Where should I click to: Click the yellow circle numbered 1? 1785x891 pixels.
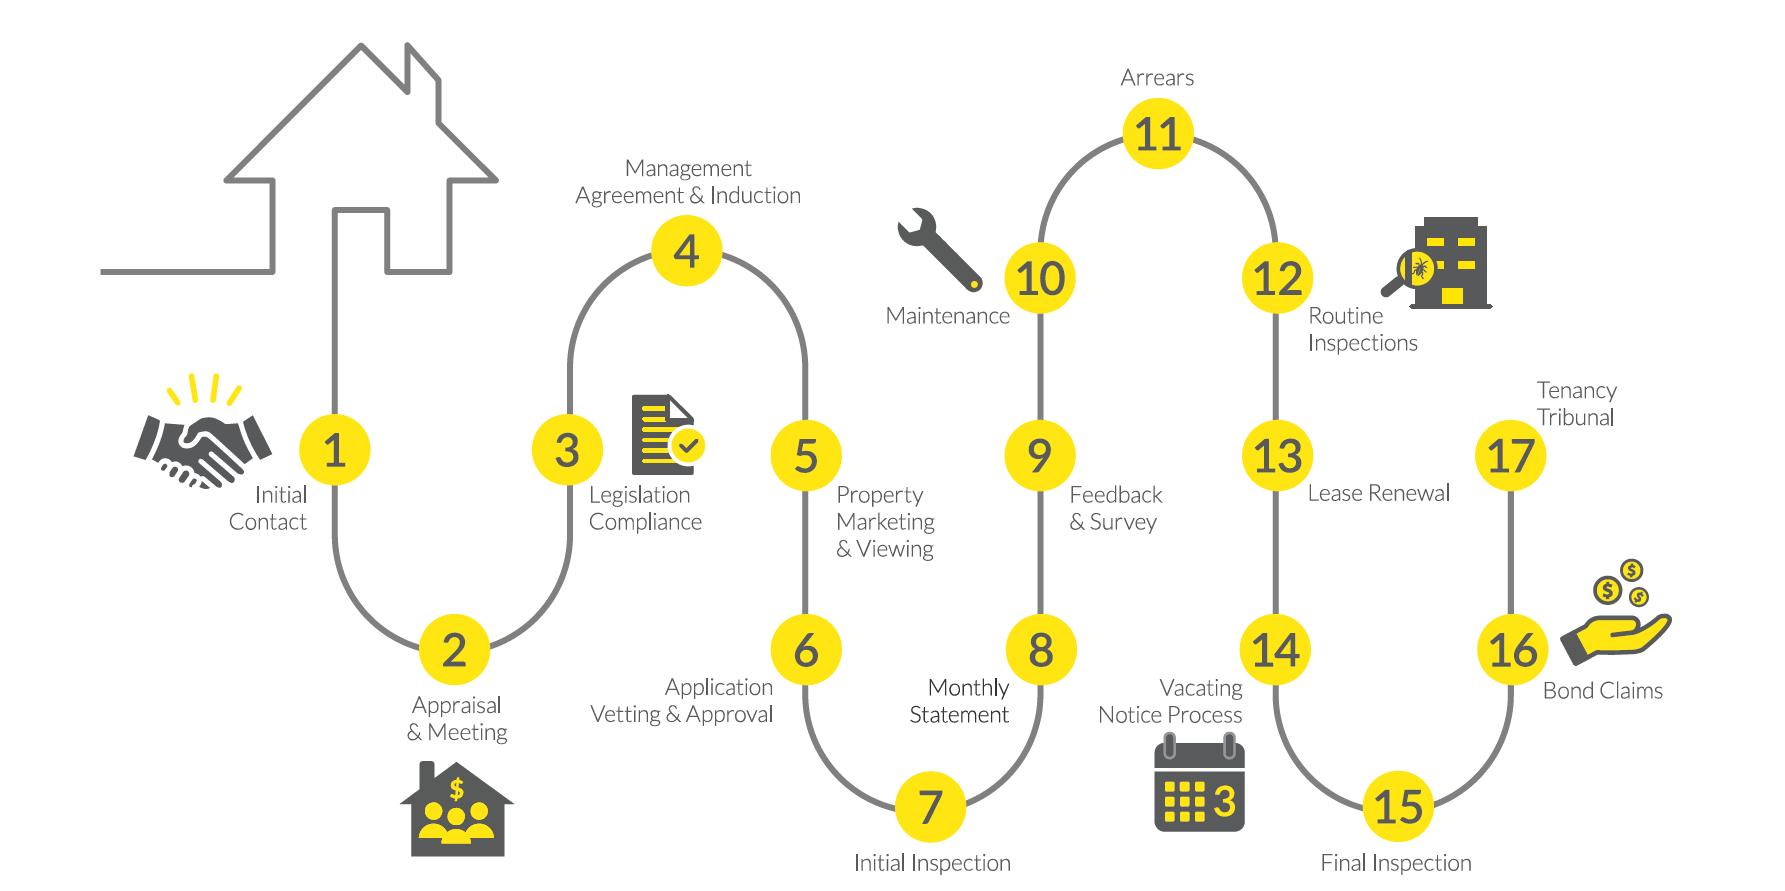[335, 451]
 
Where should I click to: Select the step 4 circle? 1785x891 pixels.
[687, 251]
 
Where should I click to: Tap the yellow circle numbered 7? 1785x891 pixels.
[930, 806]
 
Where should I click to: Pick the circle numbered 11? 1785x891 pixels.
[1158, 134]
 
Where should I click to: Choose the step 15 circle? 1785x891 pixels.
[1398, 806]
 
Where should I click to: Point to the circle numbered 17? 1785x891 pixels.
[1510, 456]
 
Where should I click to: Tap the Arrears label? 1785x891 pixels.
[1157, 78]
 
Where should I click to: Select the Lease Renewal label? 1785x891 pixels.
[1378, 493]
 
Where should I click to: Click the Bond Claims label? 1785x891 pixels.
[1602, 691]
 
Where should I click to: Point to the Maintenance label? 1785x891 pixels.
[947, 316]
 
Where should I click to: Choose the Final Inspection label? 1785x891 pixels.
[1396, 863]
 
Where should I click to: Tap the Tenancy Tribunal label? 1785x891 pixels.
[1576, 404]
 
